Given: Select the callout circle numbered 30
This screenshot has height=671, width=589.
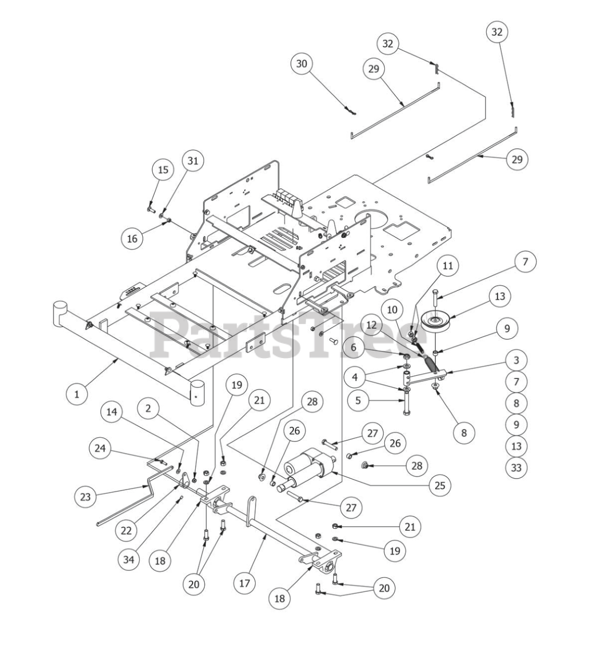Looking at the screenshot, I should point(301,64).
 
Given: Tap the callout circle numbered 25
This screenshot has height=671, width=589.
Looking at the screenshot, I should point(439,485).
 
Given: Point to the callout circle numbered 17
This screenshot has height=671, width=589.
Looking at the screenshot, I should point(245,583).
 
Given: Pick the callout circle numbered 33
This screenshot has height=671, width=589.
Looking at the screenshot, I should point(516,467).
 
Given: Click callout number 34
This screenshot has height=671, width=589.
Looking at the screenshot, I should point(129,560).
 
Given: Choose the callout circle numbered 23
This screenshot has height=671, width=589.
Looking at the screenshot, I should point(86,497).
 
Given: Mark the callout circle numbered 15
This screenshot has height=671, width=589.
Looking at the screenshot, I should point(163,170).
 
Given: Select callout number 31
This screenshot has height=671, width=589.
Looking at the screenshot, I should point(193,161).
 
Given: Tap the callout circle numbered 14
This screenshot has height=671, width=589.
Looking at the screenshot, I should point(111,412).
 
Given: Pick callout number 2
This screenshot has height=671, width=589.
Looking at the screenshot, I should point(149,408).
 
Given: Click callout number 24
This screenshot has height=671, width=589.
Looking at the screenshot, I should point(100,448).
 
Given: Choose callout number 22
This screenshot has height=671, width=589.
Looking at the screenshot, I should point(126,530).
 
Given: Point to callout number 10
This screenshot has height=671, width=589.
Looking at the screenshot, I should point(392,309).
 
